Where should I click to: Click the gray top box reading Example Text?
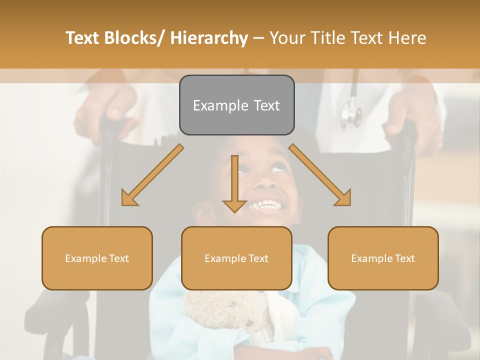236,105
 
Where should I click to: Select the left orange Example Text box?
97,258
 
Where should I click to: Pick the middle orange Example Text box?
236,258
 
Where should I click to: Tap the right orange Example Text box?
383,258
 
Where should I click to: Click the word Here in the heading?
408,38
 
